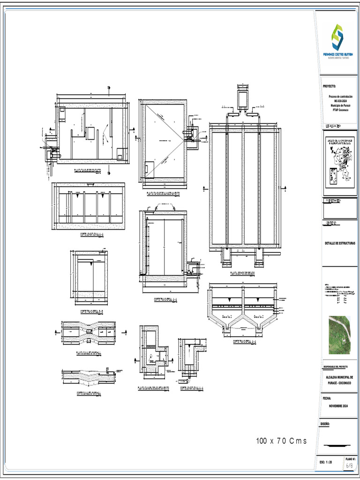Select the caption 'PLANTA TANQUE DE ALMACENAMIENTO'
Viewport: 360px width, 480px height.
[163, 193]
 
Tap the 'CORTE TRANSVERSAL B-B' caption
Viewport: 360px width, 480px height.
[91, 311]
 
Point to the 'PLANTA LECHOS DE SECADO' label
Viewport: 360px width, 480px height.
[242, 273]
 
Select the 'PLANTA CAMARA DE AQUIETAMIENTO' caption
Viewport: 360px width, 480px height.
[153, 388]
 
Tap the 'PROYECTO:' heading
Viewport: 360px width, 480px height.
[330, 86]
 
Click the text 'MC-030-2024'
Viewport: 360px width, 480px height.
[341, 101]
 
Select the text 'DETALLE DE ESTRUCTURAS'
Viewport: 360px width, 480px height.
[340, 243]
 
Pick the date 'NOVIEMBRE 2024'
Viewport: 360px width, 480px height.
[339, 405]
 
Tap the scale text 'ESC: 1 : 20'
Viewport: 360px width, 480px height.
[326, 462]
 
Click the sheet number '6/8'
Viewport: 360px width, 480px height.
[350, 466]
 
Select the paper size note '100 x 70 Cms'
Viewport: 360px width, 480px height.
[281, 441]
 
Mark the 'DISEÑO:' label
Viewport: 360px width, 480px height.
[326, 424]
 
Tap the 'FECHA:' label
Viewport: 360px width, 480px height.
[327, 398]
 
